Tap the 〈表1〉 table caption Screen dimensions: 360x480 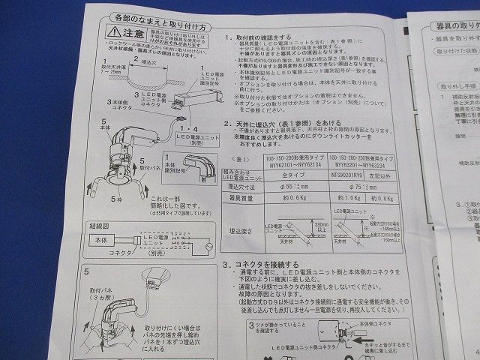235,160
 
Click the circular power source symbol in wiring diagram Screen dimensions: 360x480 209,247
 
